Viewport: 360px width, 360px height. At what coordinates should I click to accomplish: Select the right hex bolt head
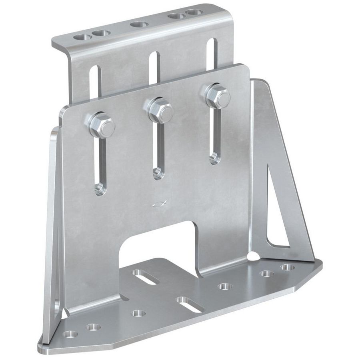tap(216, 95)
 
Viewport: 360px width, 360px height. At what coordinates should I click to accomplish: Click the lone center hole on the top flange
tap(138, 25)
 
